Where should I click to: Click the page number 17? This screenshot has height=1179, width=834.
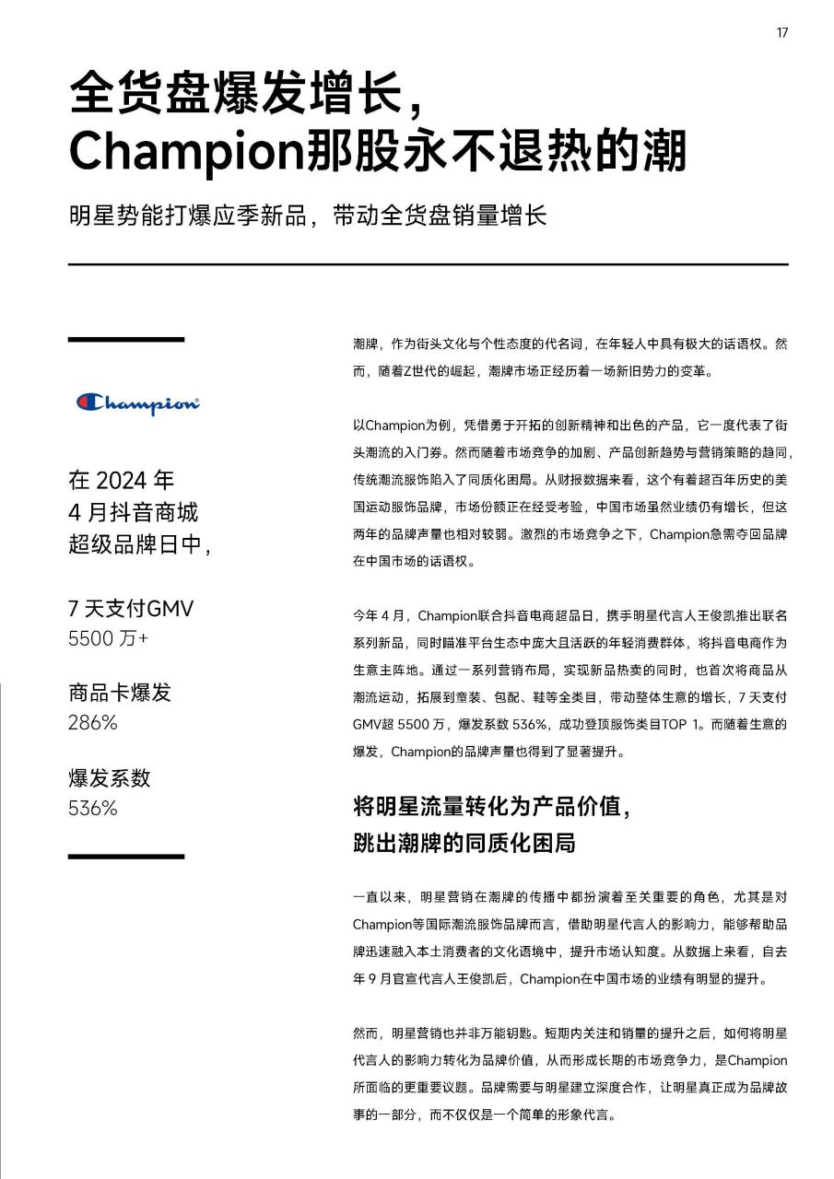[781, 33]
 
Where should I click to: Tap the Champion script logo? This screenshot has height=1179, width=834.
[138, 403]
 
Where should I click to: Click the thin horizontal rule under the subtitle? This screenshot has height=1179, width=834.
[428, 264]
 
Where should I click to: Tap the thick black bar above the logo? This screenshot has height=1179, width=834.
[125, 340]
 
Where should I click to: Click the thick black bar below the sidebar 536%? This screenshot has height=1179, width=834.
[125, 857]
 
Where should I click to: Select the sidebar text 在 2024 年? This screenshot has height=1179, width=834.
[121, 481]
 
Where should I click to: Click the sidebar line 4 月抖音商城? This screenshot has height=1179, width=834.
[133, 512]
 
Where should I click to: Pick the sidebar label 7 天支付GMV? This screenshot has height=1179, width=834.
[131, 609]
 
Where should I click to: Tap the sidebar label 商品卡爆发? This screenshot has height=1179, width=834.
[120, 693]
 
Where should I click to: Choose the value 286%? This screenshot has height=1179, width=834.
[92, 722]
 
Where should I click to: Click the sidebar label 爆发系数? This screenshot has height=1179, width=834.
[109, 778]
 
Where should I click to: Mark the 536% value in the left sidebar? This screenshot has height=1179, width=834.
[92, 808]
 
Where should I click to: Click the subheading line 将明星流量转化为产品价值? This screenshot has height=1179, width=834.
[491, 807]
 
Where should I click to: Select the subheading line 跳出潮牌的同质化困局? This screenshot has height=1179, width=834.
[464, 842]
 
